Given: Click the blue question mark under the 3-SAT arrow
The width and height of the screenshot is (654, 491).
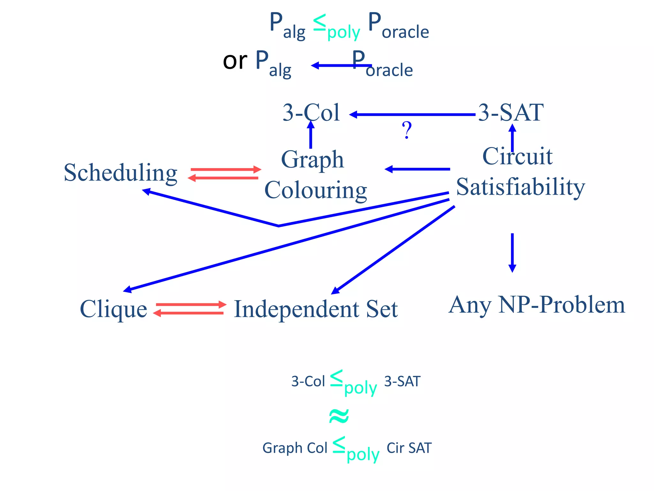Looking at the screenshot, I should coord(407,130).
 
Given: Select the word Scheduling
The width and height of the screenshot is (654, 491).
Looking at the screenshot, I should coord(120,173).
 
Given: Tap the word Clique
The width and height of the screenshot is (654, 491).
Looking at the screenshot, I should coord(113,309).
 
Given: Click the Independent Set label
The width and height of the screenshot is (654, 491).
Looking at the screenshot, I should coord(316,309).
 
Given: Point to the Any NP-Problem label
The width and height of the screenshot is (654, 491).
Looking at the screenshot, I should coord(536,305).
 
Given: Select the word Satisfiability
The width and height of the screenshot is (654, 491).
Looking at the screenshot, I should coord(521,187).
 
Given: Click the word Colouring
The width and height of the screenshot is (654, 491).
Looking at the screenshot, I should coord(316,190).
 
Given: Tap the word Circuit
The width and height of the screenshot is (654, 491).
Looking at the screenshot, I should coord(517,156).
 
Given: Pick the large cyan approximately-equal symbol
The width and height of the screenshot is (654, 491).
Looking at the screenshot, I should coord(339,416).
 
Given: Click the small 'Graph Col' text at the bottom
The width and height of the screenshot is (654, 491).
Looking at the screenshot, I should coord(295,448).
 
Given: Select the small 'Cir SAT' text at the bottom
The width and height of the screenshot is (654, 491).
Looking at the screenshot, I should coord(409,448).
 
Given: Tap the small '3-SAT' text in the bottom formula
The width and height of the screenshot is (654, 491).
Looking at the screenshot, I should coord(402,381).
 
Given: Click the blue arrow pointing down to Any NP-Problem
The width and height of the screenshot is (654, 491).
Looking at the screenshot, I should coord(512,253).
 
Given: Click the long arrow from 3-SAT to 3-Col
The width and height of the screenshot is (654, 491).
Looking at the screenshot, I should coord(412,114).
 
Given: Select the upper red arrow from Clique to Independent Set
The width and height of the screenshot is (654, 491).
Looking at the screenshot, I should coord(191,305).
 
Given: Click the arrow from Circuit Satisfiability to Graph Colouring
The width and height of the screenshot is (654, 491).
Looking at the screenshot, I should coord(417,169).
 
